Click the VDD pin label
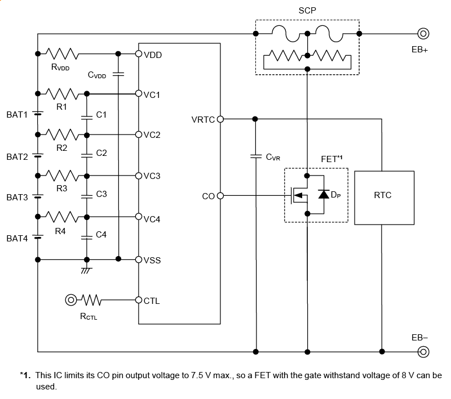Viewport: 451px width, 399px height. (152, 55)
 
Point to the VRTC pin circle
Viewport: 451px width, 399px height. (220, 119)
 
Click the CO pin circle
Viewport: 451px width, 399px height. (220, 196)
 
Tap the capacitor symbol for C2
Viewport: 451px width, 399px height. (86, 153)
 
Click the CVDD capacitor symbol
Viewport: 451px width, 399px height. (118, 74)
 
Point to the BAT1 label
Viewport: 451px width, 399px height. (17, 115)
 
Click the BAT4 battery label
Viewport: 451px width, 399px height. (17, 239)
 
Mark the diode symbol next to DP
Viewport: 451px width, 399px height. (324, 195)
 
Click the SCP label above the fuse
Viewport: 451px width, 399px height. (307, 11)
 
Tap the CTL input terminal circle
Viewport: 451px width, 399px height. (71, 300)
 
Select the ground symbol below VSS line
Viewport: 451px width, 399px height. (86, 270)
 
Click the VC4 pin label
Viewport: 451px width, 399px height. (152, 219)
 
